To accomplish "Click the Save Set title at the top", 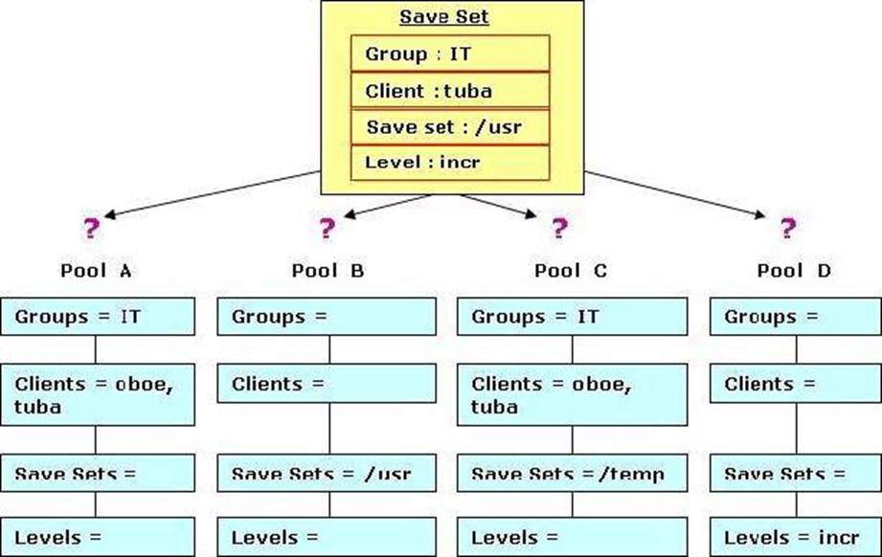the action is (443, 16).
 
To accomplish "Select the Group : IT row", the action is (450, 54).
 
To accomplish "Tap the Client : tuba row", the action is (450, 90).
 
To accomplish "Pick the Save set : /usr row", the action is (450, 127).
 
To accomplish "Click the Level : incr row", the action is (450, 163).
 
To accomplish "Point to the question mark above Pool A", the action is (91, 228).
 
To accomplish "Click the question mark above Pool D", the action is (788, 228).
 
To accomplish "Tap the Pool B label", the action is (328, 271).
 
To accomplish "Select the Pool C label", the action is (571, 271).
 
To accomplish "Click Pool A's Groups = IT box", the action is (98, 317).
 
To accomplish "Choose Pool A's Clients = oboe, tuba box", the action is (98, 394).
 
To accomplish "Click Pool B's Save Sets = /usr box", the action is (327, 473).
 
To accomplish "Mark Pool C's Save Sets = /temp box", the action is (572, 473).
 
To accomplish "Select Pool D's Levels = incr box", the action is (796, 537).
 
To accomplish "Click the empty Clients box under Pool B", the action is (327, 384).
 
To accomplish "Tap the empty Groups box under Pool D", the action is (796, 317).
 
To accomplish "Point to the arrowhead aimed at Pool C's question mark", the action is (531, 213).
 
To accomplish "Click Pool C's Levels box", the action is (572, 537).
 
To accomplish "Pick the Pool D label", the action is (794, 271).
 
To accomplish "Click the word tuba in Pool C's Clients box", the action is (494, 407).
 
